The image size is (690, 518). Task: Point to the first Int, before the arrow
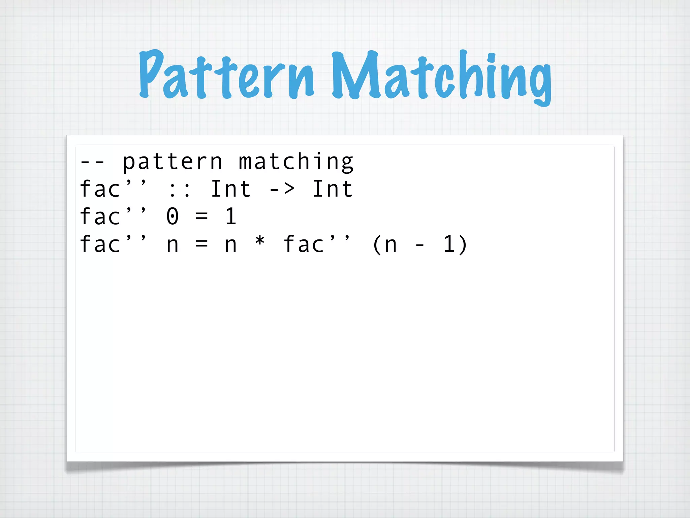231,189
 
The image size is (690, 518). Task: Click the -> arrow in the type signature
282,189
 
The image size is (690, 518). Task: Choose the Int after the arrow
333,189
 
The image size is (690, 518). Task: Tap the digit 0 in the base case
172,217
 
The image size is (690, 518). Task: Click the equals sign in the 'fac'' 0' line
201,217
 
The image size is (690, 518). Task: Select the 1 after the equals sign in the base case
231,217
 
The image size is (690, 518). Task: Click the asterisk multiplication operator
260,242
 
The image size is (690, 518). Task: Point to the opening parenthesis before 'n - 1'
376,244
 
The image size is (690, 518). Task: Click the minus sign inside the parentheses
420,245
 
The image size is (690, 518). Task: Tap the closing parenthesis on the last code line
463,244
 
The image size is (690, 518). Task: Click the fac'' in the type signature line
113,189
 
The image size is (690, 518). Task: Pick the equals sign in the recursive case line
201,244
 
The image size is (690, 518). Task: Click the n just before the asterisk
231,245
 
